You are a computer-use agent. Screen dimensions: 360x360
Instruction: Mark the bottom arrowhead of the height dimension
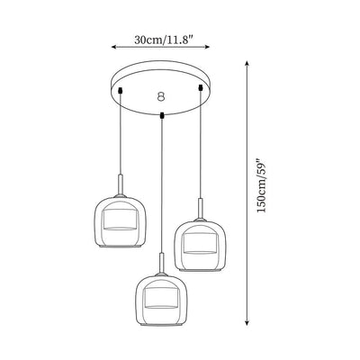247,325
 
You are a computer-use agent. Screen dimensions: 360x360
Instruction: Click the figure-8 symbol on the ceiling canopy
161,94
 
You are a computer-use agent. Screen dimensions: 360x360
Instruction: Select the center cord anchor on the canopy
161,114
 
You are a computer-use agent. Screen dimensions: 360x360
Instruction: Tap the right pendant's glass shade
198,242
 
